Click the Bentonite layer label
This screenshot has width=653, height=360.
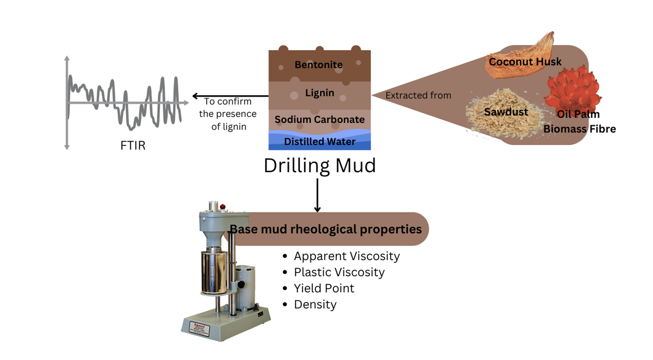click(319, 65)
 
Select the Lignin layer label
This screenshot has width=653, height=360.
click(320, 93)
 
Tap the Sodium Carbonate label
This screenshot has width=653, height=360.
click(320, 120)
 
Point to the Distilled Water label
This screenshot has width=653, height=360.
click(320, 142)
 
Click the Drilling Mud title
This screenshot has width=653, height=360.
click(320, 165)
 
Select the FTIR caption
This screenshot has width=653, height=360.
click(133, 146)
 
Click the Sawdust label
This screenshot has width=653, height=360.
click(506, 112)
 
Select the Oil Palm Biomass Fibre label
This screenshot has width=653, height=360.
click(579, 122)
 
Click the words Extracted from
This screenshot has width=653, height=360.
click(418, 95)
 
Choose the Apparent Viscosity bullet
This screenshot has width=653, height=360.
click(347, 256)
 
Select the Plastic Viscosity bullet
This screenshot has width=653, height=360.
click(339, 272)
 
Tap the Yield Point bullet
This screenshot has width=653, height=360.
click(324, 288)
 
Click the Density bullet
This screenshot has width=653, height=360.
click(315, 304)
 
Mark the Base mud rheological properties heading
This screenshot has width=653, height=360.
click(326, 229)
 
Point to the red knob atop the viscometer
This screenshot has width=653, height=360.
click(222, 207)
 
